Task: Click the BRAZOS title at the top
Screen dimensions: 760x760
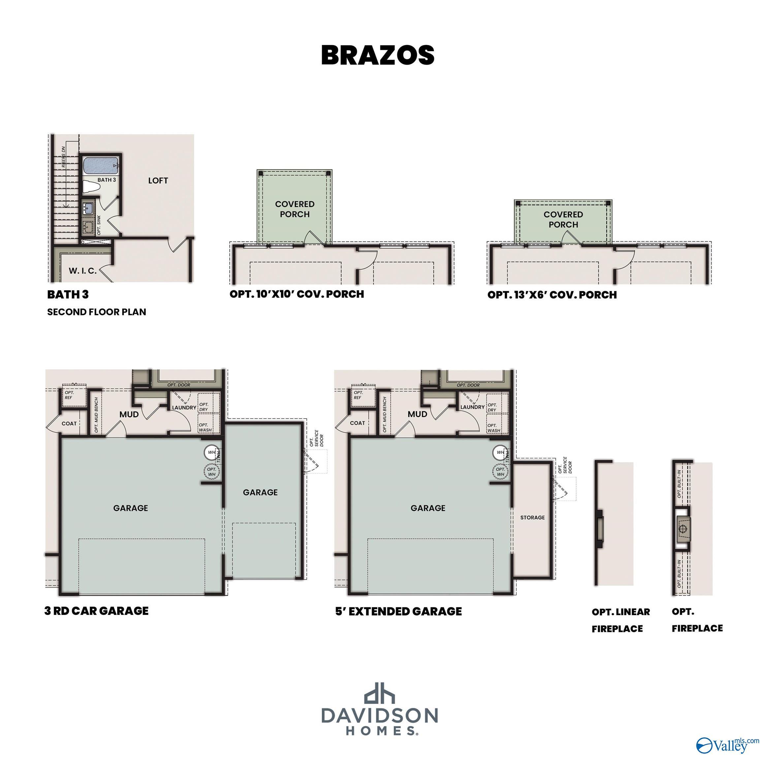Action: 378,55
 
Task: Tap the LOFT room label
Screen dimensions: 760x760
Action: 158,180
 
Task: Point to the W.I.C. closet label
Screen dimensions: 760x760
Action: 82,270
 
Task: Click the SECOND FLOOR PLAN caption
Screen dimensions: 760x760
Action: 96,312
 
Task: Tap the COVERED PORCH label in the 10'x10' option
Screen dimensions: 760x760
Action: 295,209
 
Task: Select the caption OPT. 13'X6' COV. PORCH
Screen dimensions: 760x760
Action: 552,295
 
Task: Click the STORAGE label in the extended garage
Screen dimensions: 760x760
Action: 532,517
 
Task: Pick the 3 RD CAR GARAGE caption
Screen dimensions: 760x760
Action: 96,611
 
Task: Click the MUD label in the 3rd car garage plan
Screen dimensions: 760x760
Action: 129,414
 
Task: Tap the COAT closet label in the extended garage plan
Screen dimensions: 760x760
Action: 357,423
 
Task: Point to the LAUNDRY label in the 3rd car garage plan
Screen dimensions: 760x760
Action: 184,407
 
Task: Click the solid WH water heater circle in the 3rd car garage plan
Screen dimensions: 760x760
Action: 211,452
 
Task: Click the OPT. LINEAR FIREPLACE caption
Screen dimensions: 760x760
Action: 620,620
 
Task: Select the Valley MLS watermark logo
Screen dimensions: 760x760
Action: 727,744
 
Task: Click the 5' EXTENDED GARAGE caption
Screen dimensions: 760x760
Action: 398,611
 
